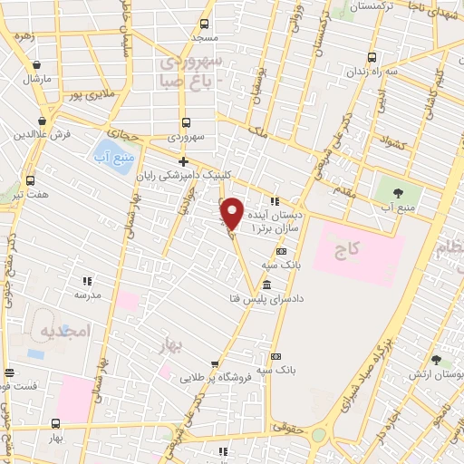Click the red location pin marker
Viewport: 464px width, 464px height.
pyautogui.click(x=233, y=213)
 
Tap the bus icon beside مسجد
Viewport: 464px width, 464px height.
pyautogui.click(x=204, y=25)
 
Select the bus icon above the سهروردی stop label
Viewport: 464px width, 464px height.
pyautogui.click(x=187, y=122)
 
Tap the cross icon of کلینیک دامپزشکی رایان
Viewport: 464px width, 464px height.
pyautogui.click(x=183, y=162)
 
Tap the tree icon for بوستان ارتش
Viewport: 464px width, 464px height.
pyautogui.click(x=436, y=360)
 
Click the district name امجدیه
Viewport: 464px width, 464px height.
pyautogui.click(x=67, y=331)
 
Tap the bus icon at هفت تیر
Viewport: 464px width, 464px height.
pyautogui.click(x=31, y=180)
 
